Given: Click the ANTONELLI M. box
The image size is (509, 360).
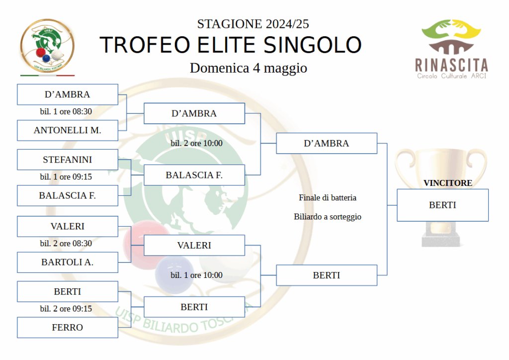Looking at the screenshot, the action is (x=68, y=130).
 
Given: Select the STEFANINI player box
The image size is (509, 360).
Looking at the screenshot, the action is (x=68, y=160).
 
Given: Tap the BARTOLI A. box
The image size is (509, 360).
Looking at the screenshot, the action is (x=68, y=262).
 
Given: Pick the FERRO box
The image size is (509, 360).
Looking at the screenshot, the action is (x=68, y=328).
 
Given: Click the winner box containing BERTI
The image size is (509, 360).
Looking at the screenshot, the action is (x=443, y=205).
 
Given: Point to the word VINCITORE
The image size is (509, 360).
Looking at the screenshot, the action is (x=448, y=183).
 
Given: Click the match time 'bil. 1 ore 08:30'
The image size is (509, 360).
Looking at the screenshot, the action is (x=66, y=112).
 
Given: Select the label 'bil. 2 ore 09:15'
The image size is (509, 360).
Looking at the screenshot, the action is (x=66, y=309).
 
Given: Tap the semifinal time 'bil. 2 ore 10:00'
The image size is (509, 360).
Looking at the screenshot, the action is (x=197, y=143).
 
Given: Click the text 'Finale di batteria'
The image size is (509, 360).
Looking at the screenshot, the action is (x=328, y=198).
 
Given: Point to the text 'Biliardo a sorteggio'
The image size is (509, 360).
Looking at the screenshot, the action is (x=328, y=217).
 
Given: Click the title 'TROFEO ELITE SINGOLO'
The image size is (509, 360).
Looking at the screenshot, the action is (x=231, y=45).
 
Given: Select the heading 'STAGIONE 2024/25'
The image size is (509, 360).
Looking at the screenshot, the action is (x=253, y=24).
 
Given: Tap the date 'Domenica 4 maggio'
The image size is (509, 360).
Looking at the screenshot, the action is (x=249, y=68).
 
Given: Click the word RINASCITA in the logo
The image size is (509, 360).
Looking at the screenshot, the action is (x=451, y=65).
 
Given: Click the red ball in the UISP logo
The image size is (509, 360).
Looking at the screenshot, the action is (x=41, y=52).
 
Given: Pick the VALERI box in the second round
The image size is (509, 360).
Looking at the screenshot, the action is (x=194, y=246).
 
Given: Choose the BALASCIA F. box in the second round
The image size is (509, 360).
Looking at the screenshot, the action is (x=194, y=176).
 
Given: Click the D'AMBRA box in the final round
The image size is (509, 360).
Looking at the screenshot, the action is (x=327, y=144).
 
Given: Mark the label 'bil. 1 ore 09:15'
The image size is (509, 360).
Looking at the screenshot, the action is (x=66, y=177).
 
